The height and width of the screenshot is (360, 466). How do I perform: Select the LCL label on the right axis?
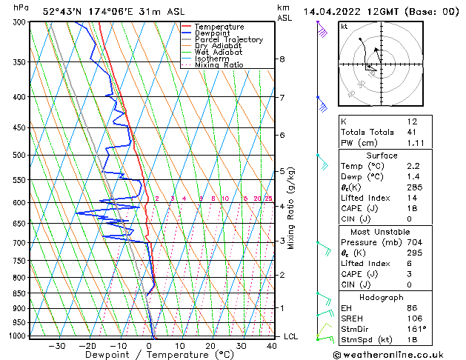click(292, 336)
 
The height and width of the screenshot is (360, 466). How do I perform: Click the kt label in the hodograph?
click(344, 26)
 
